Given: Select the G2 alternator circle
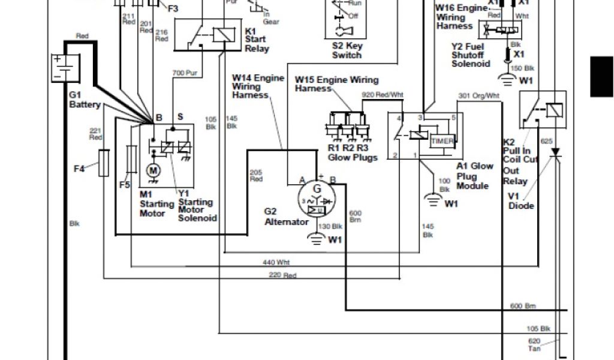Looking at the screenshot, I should pos(317,197).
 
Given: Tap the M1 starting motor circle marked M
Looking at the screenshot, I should pos(152,172).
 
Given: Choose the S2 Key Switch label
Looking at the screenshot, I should pos(347,50).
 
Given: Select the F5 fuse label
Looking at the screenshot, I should pos(124,185).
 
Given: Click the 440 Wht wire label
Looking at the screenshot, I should pos(276,262).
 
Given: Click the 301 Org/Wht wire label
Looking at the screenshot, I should pos(478,95).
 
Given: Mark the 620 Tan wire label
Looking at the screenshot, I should pos(534,343).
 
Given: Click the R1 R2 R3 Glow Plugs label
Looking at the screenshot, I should pos(353,153).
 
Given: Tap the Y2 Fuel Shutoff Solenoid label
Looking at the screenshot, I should pos(471,55).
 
